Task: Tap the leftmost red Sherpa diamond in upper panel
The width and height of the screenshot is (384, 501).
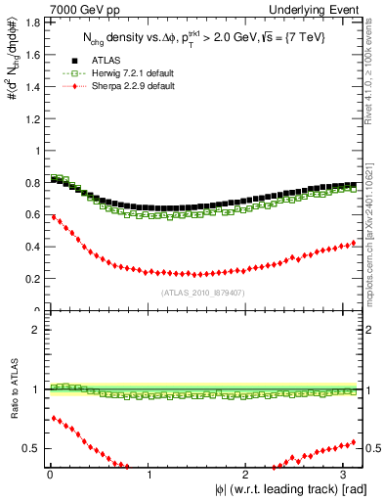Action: pos(53,216)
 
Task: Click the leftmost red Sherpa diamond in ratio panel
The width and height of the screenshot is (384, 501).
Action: pos(53,418)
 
